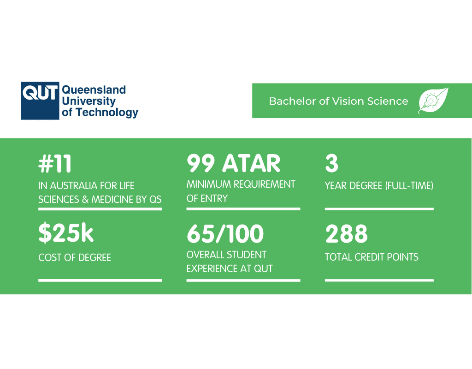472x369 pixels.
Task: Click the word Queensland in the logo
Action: point(94,90)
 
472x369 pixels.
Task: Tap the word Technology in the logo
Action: point(106,112)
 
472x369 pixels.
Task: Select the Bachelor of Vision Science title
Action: point(338,101)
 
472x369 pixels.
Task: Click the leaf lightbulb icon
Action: point(433,101)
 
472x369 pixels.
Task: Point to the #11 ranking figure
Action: point(55,164)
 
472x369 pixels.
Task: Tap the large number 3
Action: point(331,164)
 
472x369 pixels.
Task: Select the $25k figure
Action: point(66,233)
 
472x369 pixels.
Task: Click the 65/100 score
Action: point(225,234)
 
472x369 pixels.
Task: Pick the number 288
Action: point(347,234)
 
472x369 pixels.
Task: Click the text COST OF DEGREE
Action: point(75,257)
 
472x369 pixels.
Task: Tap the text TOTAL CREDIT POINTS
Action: point(372,257)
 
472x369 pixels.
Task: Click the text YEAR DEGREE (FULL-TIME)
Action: point(379,186)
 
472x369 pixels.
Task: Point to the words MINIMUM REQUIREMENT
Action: point(241,184)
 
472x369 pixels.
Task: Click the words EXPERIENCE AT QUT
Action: point(230,268)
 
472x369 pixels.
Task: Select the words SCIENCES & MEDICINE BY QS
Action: point(100,199)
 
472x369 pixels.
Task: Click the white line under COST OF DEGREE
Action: point(100,280)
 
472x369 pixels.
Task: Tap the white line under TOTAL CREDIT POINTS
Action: point(379,280)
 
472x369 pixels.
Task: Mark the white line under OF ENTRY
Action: point(243,209)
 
